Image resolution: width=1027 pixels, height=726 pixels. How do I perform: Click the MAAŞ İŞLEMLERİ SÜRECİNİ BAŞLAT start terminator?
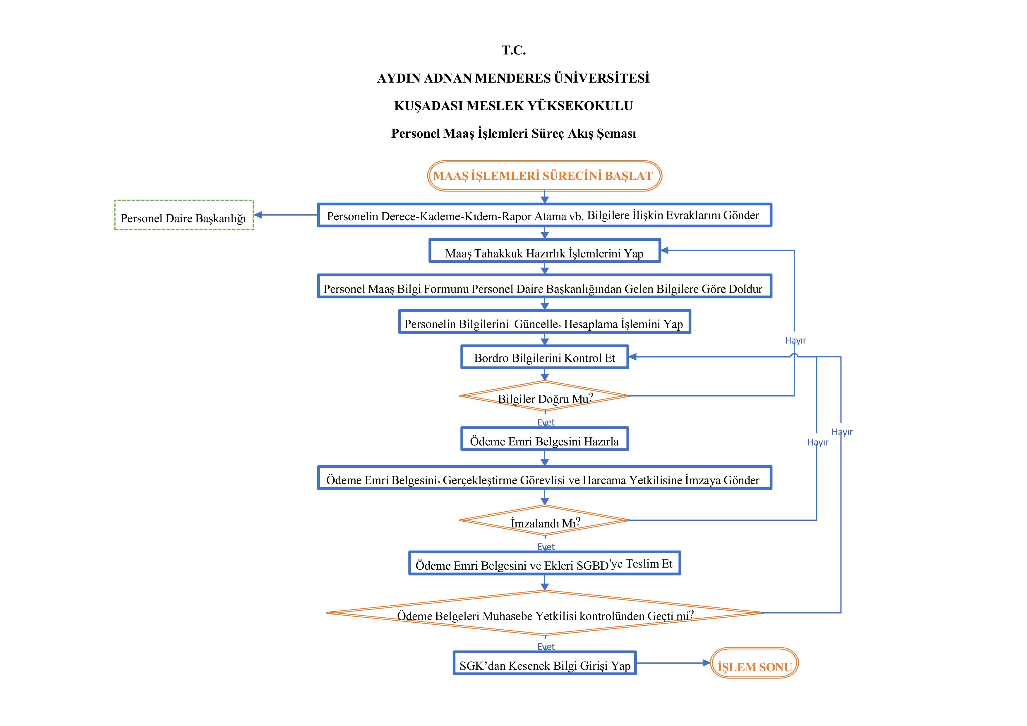(544, 176)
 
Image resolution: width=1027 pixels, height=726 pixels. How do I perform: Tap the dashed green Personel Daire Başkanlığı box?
(184, 215)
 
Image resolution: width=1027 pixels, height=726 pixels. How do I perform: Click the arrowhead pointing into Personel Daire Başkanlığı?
(258, 215)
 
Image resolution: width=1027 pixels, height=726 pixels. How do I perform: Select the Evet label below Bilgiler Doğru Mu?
(546, 422)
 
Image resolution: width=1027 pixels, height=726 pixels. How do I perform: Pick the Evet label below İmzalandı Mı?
(546, 546)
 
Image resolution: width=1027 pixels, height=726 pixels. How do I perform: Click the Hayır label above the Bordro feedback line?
(795, 340)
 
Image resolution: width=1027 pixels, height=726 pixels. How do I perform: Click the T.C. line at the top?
(513, 50)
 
